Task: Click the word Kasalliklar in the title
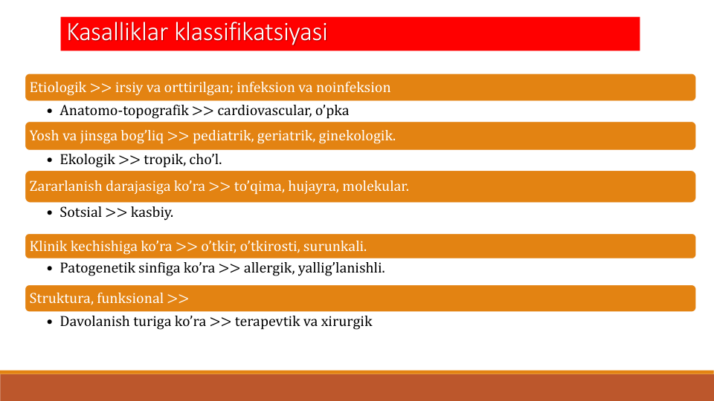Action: point(118,32)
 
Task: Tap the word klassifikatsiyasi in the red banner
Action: point(251,32)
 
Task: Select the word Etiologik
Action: point(58,88)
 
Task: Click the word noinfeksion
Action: point(353,88)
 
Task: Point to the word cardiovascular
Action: point(264,111)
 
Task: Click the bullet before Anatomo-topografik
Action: point(50,111)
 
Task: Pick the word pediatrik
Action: point(222,135)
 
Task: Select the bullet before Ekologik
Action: point(50,160)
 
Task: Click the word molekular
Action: point(375,186)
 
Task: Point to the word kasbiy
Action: point(152,212)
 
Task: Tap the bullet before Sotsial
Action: point(50,213)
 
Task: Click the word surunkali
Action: point(335,246)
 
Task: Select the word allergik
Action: point(268,268)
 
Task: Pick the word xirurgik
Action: point(347,322)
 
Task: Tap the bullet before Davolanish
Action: point(50,322)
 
